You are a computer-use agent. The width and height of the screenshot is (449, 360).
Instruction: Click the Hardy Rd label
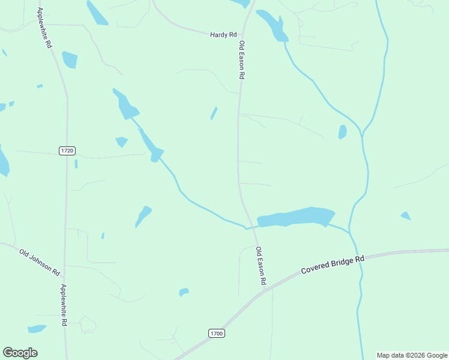point(223,35)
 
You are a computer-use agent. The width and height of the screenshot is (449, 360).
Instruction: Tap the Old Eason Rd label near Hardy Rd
point(242,60)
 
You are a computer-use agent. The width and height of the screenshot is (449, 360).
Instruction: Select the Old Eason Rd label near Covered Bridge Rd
point(261,266)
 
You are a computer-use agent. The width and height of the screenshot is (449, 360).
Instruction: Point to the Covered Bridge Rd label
point(333,265)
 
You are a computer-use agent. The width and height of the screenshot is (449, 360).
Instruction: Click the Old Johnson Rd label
point(39,262)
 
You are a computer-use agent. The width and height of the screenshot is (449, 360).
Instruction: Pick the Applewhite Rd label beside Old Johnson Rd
point(63,305)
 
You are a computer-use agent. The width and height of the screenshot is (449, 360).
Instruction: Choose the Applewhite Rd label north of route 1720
point(45,28)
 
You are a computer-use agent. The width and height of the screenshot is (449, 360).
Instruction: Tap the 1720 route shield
point(67,151)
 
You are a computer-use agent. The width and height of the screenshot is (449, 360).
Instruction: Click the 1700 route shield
point(216,333)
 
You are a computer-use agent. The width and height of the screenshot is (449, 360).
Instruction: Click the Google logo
point(20,353)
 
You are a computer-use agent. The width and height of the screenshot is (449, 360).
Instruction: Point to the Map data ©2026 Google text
point(412,355)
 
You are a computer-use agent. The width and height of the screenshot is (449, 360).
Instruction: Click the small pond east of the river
point(406,215)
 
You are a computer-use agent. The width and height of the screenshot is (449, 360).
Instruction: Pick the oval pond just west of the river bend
point(342,131)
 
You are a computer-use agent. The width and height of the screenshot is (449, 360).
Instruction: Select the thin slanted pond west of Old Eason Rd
point(214,113)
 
